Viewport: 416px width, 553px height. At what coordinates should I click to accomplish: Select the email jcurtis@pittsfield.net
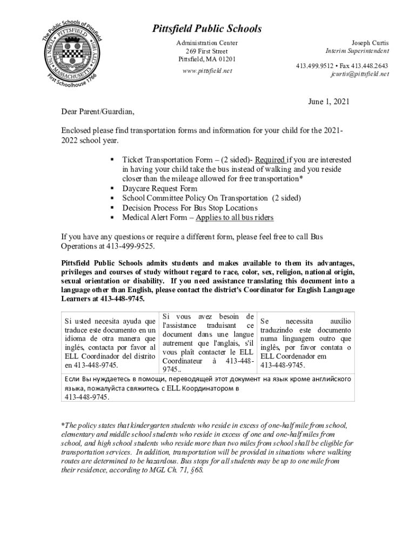(x=359, y=74)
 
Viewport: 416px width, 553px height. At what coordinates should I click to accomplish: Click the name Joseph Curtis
(x=370, y=43)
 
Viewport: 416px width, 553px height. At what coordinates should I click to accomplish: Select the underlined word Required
(x=270, y=160)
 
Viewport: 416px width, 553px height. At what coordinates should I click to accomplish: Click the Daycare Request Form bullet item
(x=160, y=188)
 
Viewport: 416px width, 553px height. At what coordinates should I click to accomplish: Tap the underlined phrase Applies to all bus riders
(x=234, y=218)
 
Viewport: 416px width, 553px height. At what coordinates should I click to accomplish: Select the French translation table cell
(x=208, y=342)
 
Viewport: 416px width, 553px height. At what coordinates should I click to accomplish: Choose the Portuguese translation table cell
(x=305, y=343)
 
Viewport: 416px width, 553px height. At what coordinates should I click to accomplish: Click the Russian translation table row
(x=207, y=388)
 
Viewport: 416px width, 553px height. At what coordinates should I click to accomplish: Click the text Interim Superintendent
(x=357, y=51)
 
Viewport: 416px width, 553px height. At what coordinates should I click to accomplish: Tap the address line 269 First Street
(x=207, y=51)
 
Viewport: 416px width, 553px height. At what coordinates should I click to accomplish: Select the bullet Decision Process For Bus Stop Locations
(x=190, y=208)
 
